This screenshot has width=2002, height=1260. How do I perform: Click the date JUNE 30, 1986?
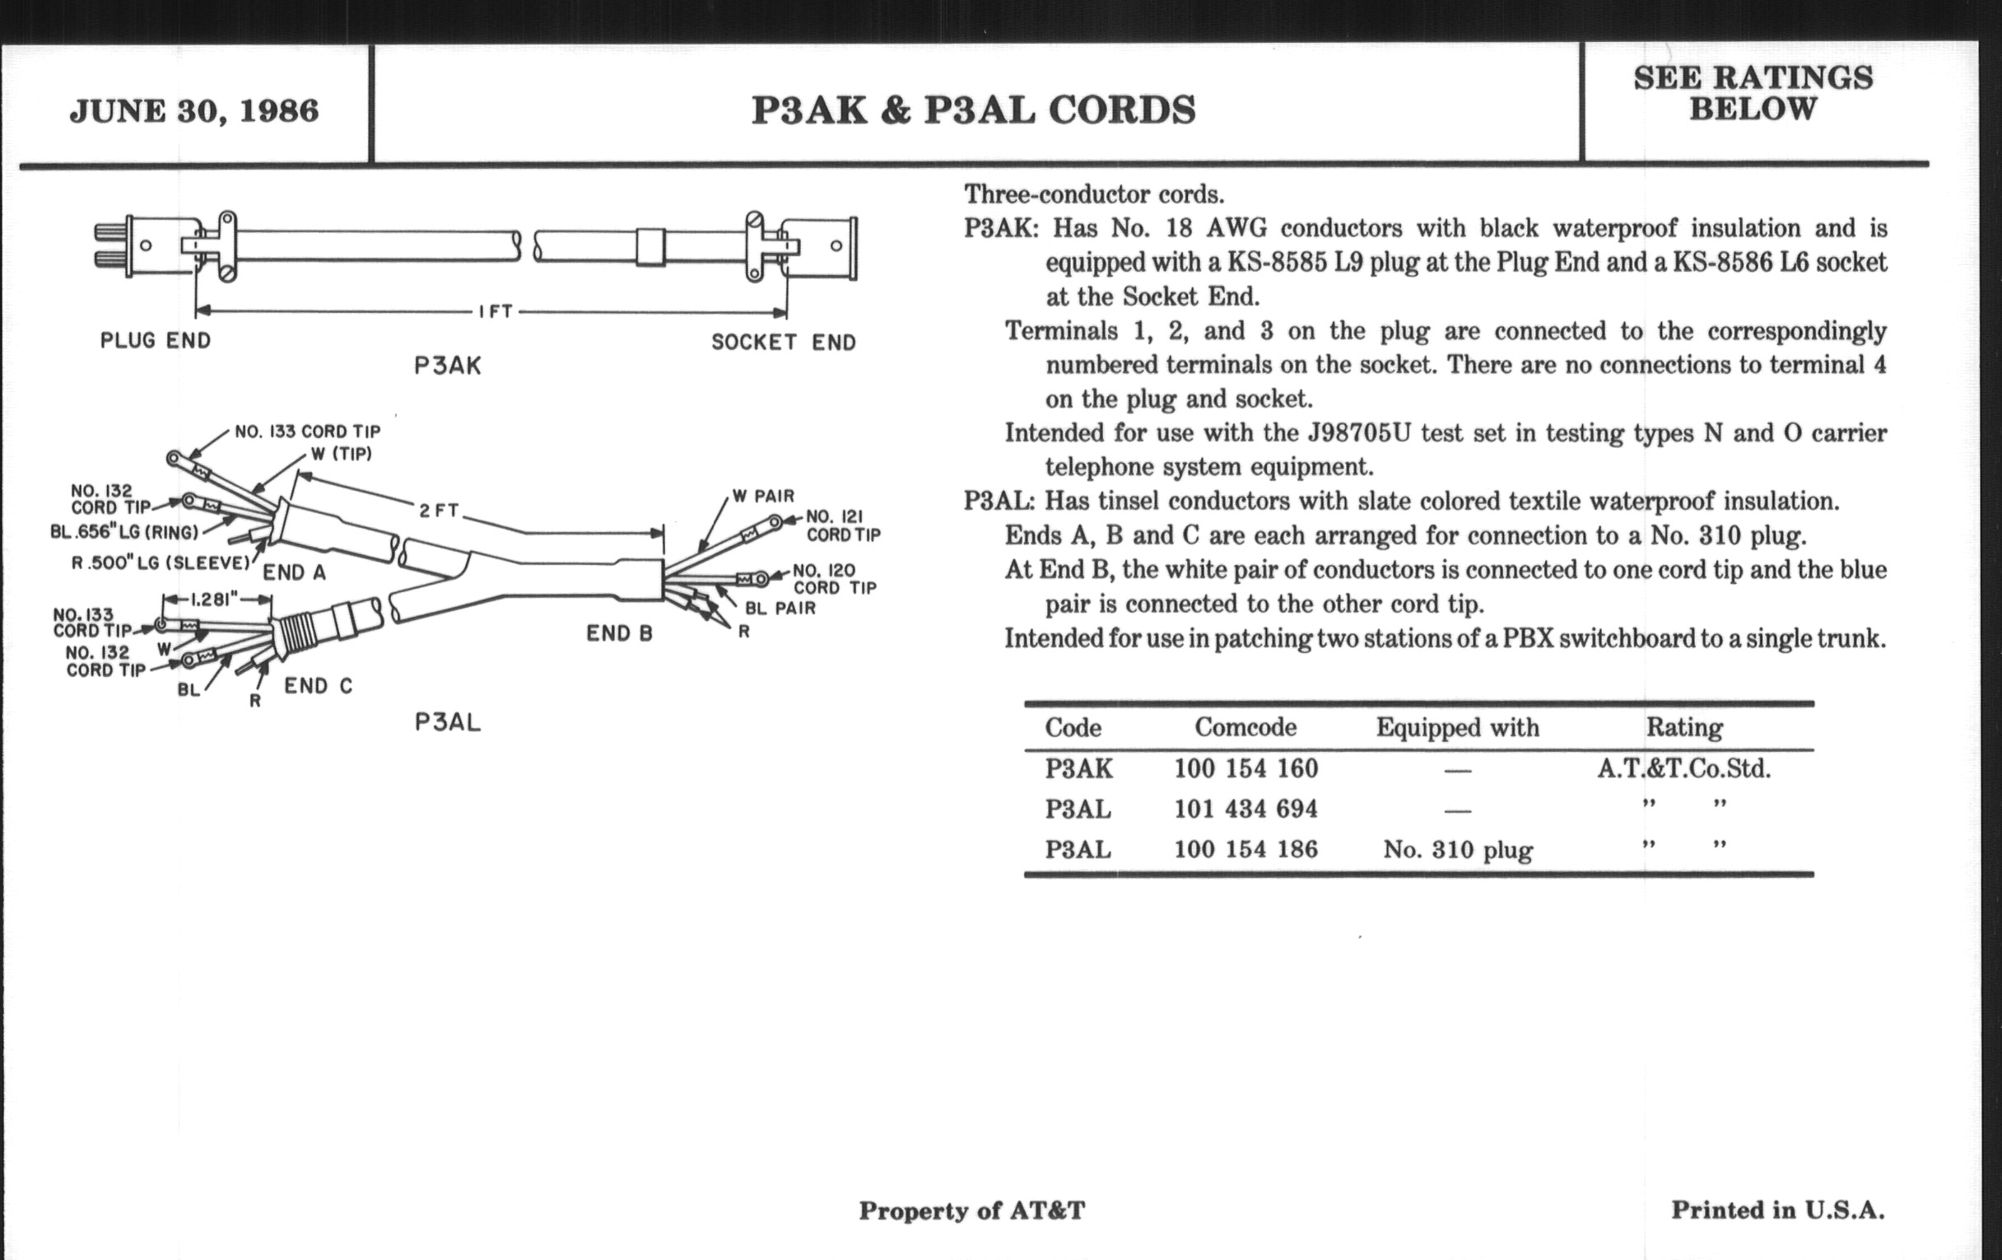coord(193,110)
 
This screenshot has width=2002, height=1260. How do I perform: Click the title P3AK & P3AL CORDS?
coord(974,110)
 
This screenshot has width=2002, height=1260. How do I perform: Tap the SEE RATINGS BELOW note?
coord(1753,93)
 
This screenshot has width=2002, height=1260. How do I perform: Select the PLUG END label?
coord(156,341)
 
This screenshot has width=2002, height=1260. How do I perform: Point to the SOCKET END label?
coord(783,343)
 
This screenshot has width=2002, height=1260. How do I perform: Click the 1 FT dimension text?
coord(496,312)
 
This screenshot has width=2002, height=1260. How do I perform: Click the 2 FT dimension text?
coord(439,511)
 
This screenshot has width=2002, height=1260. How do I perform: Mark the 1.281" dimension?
coord(215,599)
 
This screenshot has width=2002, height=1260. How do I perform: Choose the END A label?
coord(295,572)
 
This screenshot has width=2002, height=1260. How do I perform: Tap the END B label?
coord(619,634)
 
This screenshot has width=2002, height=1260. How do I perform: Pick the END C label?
coord(319,686)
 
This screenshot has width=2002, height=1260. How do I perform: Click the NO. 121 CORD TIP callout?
coord(841,526)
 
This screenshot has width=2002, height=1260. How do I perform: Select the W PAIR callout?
coord(763,497)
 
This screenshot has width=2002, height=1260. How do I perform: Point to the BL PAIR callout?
coord(780,608)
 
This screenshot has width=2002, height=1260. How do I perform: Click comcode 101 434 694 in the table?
coord(1245,809)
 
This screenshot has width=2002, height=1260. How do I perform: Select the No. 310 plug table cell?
coord(1457,850)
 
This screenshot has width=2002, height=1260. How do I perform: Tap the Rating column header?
coord(1684,728)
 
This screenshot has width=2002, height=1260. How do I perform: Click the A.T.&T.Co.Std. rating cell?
coord(1683,768)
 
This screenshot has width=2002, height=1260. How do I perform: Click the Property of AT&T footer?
coord(972,1211)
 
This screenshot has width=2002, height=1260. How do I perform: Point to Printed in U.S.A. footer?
coord(1777,1210)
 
